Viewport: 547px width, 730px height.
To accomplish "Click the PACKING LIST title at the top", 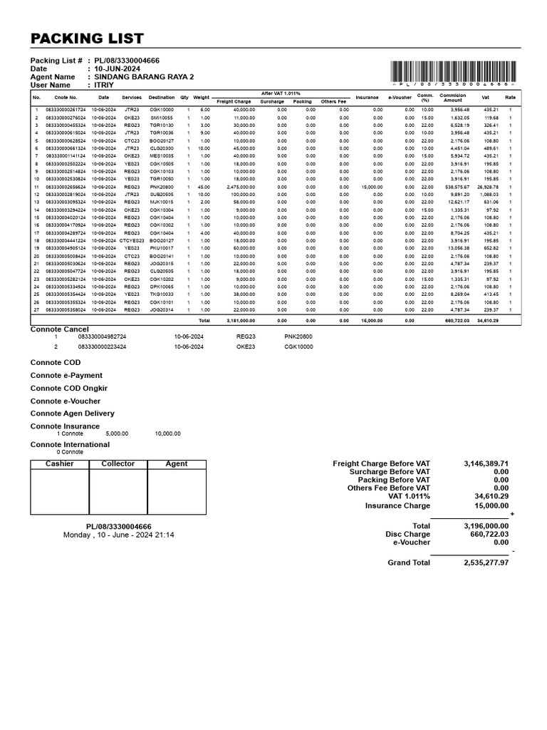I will pos(86,38).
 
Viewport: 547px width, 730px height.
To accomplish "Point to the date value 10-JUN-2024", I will pos(118,69).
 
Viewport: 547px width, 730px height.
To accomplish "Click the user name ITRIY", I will pos(105,85).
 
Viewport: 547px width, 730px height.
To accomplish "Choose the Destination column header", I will pos(162,98).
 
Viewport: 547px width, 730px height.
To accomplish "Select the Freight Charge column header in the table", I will pos(234,102).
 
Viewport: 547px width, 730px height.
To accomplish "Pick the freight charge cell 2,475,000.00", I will pos(240,187).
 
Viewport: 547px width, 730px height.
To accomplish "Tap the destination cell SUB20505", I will pos(162,195).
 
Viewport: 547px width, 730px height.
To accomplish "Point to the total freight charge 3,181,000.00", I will pos(240,321).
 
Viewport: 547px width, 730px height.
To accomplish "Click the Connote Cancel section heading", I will pos(59,329).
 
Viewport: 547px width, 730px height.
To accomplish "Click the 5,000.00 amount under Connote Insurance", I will pos(117,433).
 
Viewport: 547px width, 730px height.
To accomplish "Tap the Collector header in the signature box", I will pos(118,464).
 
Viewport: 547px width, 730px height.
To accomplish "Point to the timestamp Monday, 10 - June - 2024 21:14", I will pos(118,535).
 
